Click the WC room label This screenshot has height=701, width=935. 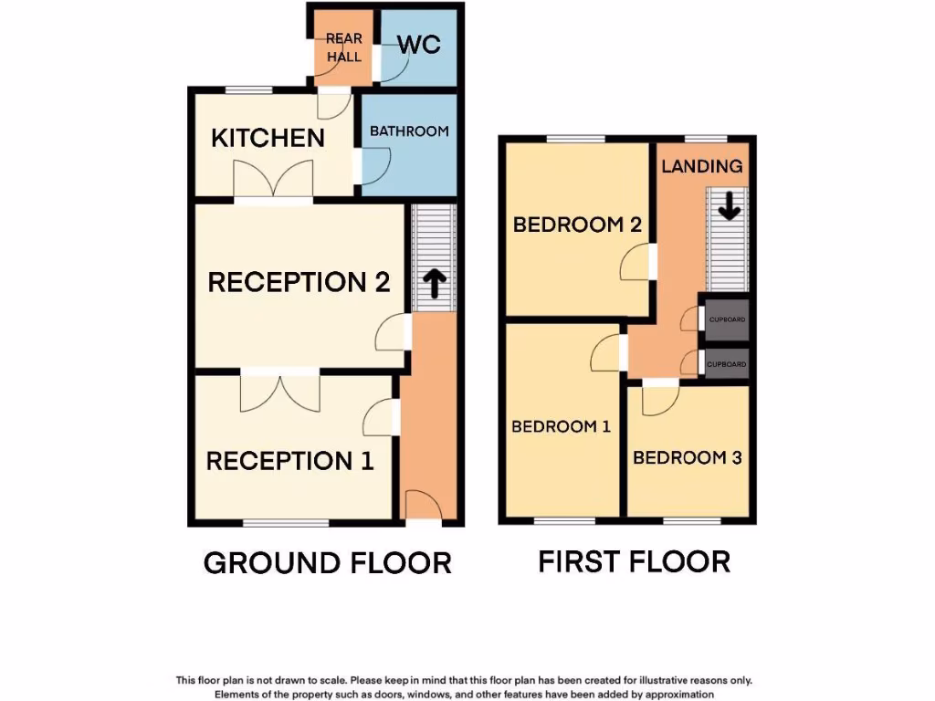[419, 44]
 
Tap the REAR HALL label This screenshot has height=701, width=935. [344, 47]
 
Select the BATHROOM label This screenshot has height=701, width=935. [409, 131]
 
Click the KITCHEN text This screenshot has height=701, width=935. [268, 139]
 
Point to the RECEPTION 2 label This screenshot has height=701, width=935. [299, 282]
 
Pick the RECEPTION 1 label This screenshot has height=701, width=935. [290, 461]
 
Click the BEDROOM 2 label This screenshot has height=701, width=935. [577, 225]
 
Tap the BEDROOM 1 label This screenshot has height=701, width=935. [561, 426]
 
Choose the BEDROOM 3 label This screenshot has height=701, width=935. [687, 457]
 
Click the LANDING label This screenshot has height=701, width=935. [701, 166]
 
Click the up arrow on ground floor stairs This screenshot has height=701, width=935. [434, 285]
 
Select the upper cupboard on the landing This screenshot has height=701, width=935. [728, 319]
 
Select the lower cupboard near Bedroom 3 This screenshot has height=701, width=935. [728, 363]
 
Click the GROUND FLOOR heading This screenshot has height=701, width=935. [327, 563]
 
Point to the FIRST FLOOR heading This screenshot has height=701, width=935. [634, 561]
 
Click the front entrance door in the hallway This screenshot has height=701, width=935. [422, 507]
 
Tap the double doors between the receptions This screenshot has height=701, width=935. [280, 391]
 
